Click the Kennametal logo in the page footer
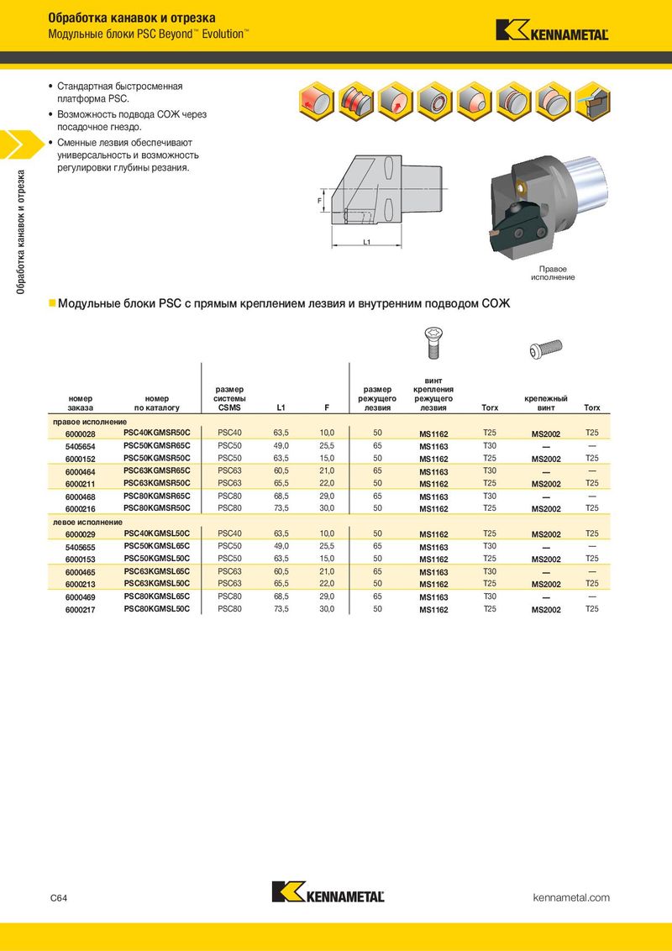328,892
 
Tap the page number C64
59,898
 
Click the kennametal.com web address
571,898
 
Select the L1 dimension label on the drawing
367,242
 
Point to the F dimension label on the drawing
320,202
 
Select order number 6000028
80,433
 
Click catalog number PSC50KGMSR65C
157,445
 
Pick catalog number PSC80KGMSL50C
157,608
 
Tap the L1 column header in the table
281,407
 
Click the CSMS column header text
229,407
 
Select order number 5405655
80,546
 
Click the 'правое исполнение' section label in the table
90,421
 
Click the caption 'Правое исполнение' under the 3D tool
553,273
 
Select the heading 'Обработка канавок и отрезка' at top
132,17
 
